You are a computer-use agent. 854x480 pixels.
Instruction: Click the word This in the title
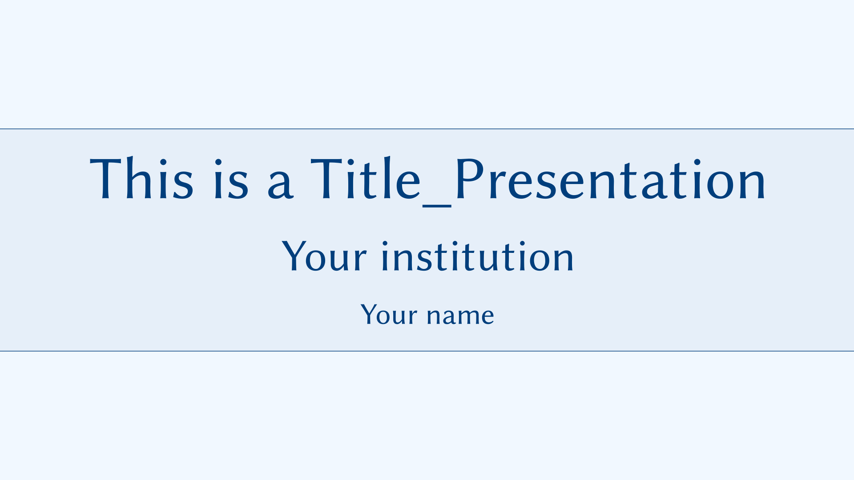142,178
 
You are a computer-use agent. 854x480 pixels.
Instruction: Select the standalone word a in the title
280,184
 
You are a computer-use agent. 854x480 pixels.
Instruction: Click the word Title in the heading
365,178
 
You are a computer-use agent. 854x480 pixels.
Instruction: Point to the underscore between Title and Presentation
437,206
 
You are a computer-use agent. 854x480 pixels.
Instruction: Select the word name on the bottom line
460,316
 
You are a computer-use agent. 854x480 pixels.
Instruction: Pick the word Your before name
389,315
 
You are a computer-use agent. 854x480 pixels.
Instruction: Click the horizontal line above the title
427,129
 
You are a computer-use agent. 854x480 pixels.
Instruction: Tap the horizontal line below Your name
427,351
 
